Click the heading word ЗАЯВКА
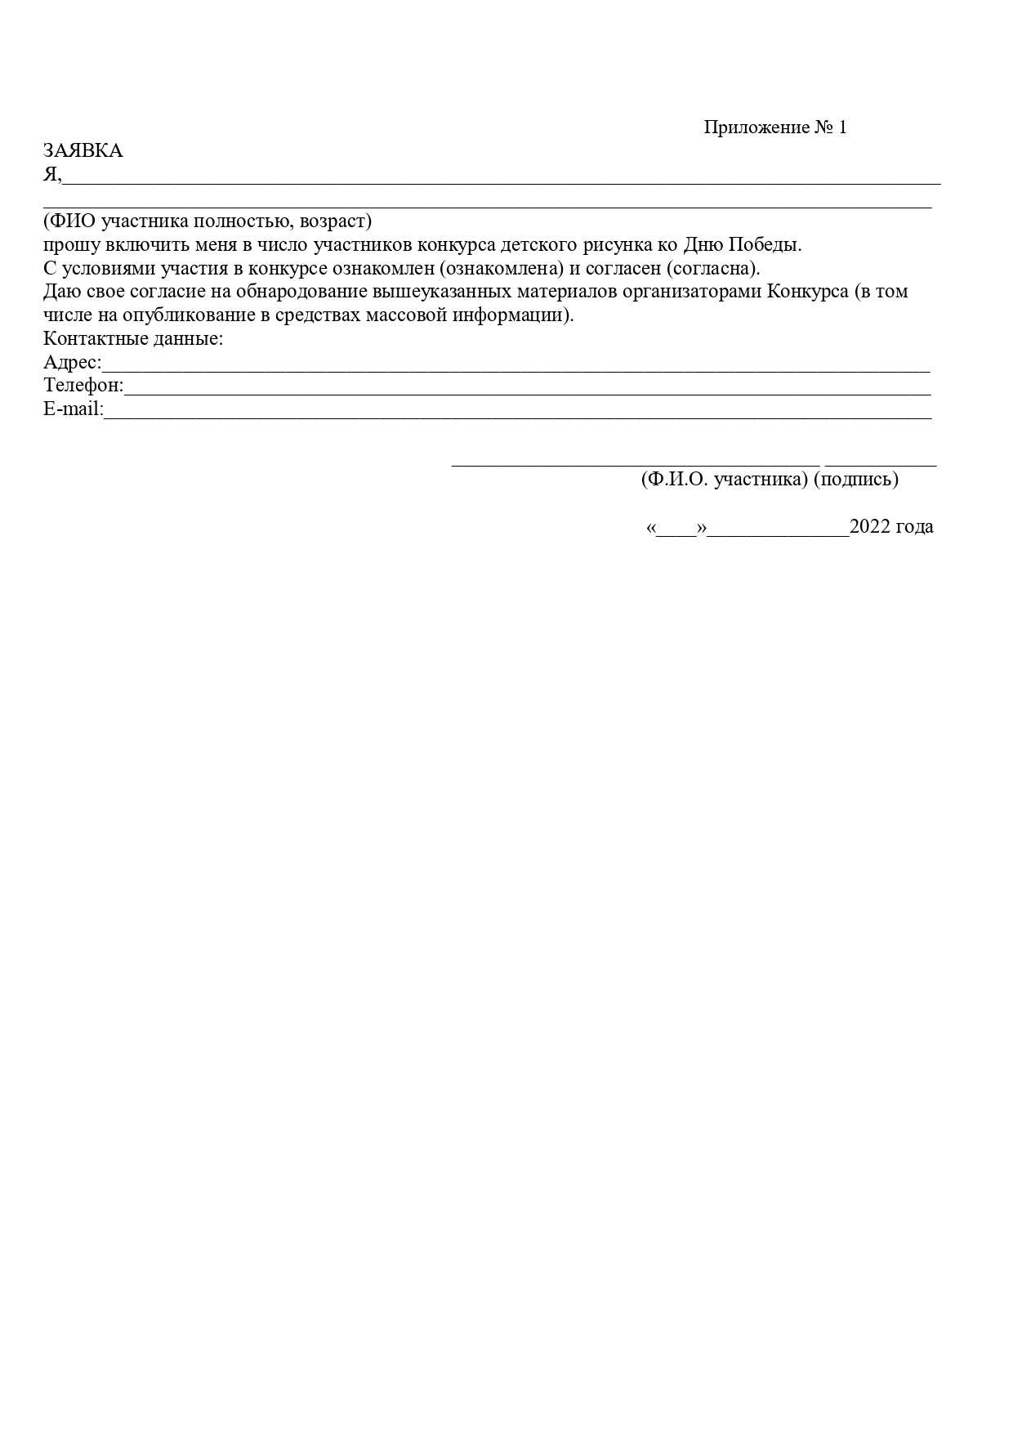tap(83, 151)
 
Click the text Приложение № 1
tap(775, 127)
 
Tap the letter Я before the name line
tap(50, 175)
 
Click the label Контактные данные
tap(133, 339)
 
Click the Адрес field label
tap(72, 363)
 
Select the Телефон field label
tap(83, 386)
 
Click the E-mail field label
tap(74, 409)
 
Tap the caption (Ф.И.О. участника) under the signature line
tap(725, 480)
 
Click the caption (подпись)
tap(856, 480)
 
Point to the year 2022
tap(870, 527)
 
